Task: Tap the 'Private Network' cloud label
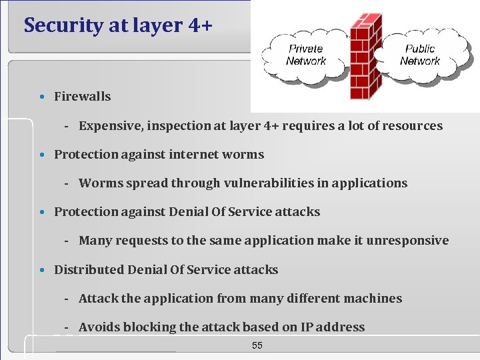[306, 55]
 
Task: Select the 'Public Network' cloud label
[420, 55]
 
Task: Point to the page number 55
[257, 345]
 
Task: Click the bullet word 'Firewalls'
[82, 97]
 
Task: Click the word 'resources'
[412, 126]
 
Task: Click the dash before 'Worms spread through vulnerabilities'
[68, 183]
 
